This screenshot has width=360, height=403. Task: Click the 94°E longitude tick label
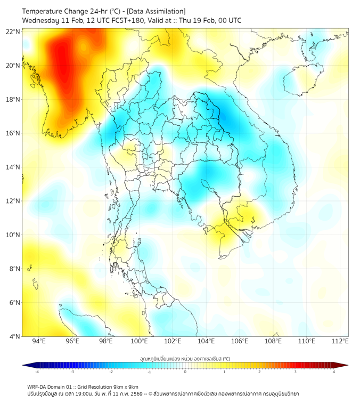[x=39, y=341]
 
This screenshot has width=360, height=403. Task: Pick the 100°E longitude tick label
[x=139, y=341]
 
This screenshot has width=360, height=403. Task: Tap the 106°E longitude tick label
[x=240, y=341]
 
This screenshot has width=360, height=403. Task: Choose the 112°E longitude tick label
[x=340, y=341]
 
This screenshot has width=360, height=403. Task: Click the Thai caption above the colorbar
[x=185, y=359]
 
